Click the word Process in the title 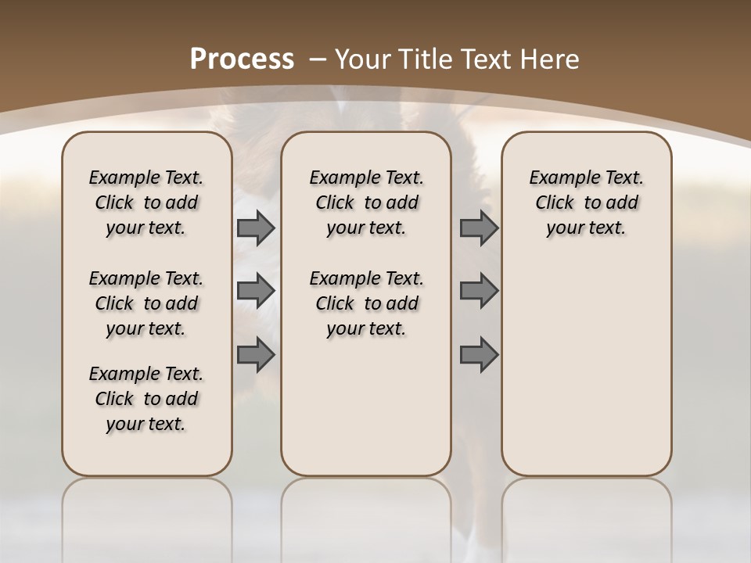[242, 59]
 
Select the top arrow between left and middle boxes [256, 228]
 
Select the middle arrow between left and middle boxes [256, 291]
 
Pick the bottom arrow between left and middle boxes [256, 354]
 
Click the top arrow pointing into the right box [479, 228]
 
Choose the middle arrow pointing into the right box [479, 291]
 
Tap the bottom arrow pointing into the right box [479, 354]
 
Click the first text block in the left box [146, 203]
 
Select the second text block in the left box [146, 303]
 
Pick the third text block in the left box [146, 399]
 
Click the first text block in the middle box [366, 203]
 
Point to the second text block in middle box [366, 303]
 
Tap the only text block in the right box [586, 203]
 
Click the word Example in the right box [559, 178]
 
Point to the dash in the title [318, 59]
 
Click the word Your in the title [362, 59]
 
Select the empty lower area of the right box [586, 368]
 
